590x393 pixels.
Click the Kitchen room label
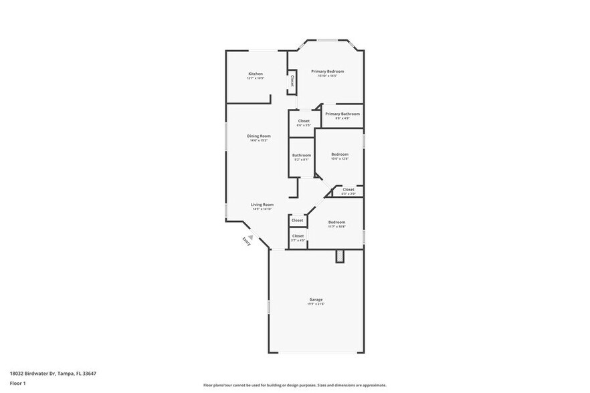[256, 74]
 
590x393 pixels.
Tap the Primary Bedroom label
[327, 71]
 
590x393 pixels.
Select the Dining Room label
[258, 136]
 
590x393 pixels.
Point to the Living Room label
[262, 205]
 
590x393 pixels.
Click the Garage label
[316, 299]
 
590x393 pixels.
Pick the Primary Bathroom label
[342, 114]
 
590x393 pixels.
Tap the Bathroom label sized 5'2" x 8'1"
[302, 155]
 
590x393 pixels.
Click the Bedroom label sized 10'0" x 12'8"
[340, 154]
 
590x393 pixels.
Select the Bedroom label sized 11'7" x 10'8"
[336, 222]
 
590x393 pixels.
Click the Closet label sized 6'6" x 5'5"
[304, 121]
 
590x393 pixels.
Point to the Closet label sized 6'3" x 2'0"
[349, 189]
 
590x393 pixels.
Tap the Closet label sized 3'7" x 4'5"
[298, 236]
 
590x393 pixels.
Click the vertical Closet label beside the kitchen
[292, 80]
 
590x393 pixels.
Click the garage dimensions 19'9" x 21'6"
[316, 304]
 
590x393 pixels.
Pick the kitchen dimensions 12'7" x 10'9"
[256, 78]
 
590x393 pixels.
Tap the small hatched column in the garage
[339, 255]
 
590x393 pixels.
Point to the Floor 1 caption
[17, 383]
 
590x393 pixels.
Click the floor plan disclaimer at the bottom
[294, 385]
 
